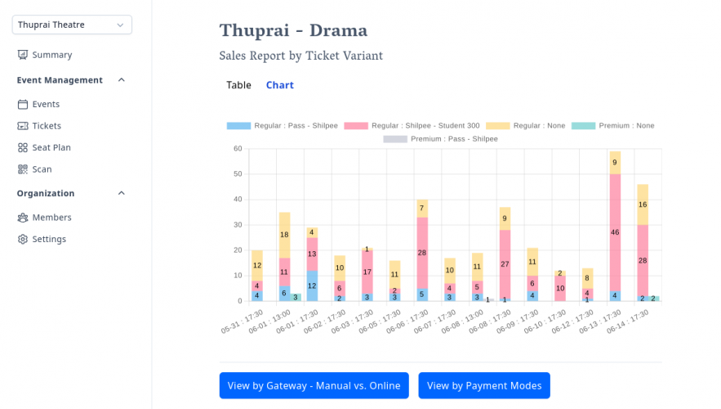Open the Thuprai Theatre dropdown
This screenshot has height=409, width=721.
point(72,25)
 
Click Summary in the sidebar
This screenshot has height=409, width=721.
point(51,55)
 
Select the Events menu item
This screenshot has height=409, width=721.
point(46,104)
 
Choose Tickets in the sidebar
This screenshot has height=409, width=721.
point(47,126)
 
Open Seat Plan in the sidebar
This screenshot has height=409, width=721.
point(51,147)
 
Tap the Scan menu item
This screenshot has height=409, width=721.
point(42,169)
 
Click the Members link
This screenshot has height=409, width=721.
point(51,218)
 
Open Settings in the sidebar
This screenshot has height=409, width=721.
point(49,239)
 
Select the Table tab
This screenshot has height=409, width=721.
point(238,85)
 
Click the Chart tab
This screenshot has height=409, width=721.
point(279,85)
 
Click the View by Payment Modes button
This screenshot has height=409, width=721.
point(484,385)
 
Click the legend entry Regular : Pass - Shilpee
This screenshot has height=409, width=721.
point(282,126)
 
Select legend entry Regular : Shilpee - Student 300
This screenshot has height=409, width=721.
point(412,126)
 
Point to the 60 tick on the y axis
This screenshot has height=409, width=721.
point(238,148)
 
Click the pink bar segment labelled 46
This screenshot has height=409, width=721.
point(615,232)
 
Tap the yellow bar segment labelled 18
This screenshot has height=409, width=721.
point(284,235)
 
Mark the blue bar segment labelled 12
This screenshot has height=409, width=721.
point(312,285)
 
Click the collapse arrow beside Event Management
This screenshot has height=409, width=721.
point(122,80)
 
